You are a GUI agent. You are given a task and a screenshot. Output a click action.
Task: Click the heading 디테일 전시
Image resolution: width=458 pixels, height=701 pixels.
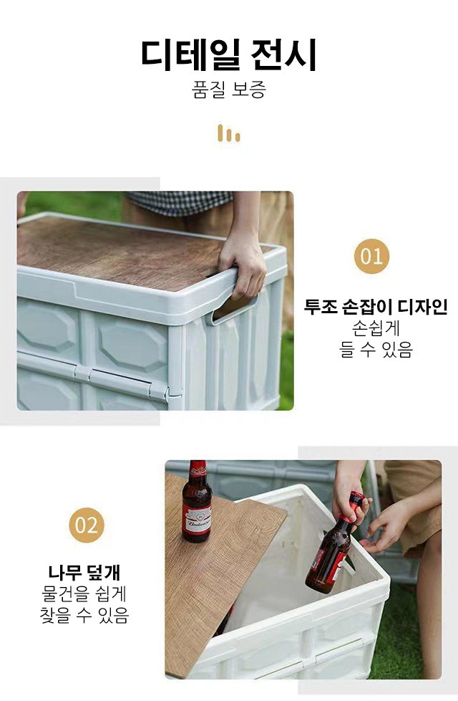coord(229,55)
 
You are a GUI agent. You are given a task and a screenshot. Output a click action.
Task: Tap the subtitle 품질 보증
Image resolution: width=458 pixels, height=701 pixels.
coord(229,91)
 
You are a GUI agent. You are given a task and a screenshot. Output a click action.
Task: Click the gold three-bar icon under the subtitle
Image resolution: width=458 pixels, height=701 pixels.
coord(229,133)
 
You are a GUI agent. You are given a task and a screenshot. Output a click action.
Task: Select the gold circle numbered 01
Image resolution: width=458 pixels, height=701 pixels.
coord(371,256)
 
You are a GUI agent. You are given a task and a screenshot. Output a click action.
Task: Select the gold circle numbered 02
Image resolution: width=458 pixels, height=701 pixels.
coord(87,525)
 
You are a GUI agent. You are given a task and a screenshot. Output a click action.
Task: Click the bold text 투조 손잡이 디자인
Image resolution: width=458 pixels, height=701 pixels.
coord(376,307)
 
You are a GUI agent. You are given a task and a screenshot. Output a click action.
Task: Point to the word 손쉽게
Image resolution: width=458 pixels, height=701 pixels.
coord(376,329)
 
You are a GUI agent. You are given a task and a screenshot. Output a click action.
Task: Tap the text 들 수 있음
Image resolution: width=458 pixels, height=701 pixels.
coord(376,351)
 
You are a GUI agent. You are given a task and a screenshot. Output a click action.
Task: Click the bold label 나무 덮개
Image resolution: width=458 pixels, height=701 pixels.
coord(84,573)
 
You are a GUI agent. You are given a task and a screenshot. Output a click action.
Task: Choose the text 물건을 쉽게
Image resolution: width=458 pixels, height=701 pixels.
coord(84,594)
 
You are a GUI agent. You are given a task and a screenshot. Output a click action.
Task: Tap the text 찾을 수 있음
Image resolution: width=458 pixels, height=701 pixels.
coord(84,616)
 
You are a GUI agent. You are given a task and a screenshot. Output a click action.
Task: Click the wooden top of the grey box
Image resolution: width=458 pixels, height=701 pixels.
coord(122,251)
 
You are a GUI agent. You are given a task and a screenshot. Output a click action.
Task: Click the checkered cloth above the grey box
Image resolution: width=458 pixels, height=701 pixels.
coord(179,202)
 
